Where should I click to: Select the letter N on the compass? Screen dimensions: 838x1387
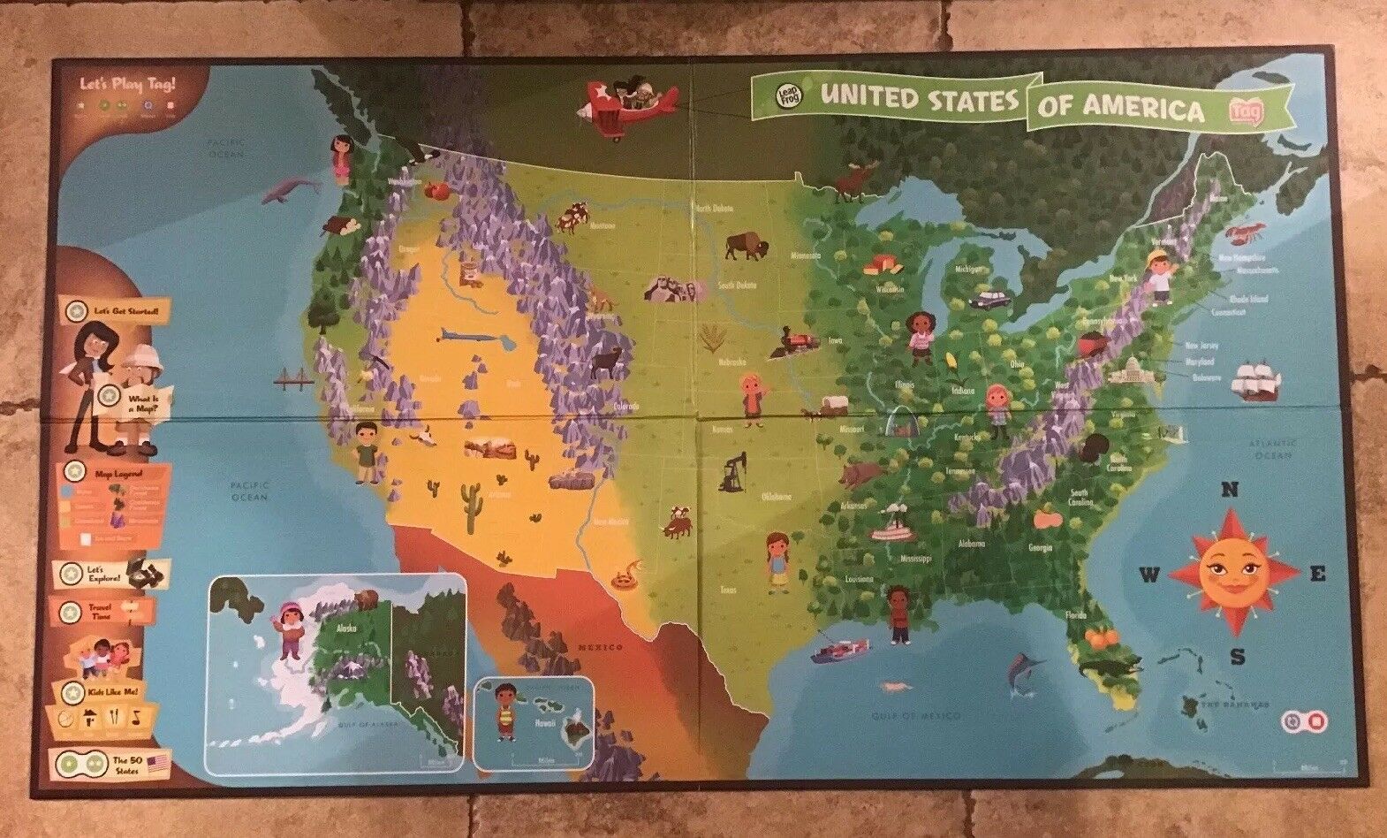click(1230, 491)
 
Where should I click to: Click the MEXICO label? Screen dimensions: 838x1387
click(600, 647)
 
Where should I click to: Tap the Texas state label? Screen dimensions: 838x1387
click(727, 590)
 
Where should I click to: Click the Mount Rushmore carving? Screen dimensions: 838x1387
click(668, 287)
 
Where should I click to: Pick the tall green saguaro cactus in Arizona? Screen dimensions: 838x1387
click(471, 506)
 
